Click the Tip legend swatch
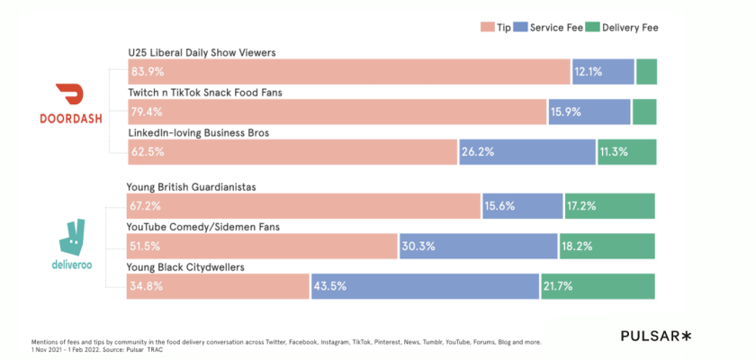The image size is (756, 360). [x=488, y=28]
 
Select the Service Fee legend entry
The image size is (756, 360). [x=553, y=28]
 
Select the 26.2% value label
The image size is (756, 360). [x=478, y=152]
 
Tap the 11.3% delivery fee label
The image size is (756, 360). [x=616, y=152]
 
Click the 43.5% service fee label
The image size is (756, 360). [x=329, y=286]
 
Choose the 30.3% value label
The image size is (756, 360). [x=418, y=247]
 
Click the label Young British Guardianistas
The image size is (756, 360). [x=192, y=187]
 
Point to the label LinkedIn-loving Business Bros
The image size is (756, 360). [x=199, y=133]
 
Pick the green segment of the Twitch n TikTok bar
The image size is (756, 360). [x=644, y=112]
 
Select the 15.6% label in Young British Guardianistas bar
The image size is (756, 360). [x=500, y=206]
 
